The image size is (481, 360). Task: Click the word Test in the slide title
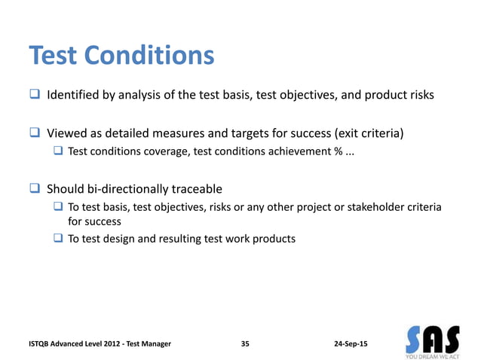(x=54, y=55)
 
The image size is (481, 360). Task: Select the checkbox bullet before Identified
(x=35, y=96)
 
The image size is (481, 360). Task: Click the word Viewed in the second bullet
(x=66, y=134)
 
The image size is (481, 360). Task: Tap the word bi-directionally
(x=127, y=188)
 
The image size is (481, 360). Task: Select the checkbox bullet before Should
(x=35, y=188)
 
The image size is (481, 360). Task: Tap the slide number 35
(x=245, y=343)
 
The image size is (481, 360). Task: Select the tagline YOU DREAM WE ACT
(x=434, y=354)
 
